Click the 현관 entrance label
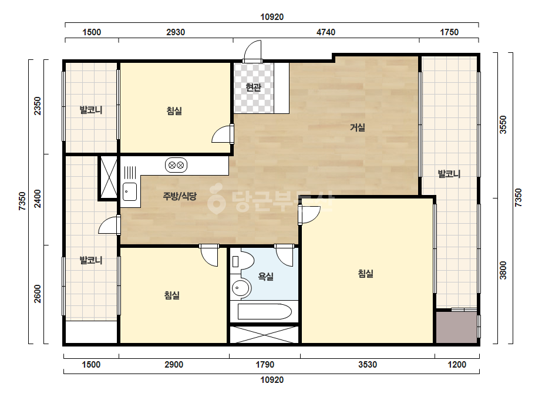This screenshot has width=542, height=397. (253, 87)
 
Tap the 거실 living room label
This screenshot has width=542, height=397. (358, 127)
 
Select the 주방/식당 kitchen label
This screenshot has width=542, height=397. (180, 196)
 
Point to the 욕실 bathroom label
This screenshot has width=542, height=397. (266, 276)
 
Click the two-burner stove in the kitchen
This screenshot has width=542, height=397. (176, 165)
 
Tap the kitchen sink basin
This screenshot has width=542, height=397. (130, 192)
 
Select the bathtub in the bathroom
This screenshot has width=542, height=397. (265, 311)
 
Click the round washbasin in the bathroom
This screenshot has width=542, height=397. (240, 287)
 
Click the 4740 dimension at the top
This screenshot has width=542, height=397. (326, 32)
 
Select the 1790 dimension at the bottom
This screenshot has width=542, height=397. (265, 365)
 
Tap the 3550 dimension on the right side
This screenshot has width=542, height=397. (503, 125)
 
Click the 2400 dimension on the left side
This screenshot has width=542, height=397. (38, 199)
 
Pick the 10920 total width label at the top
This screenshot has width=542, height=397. (272, 17)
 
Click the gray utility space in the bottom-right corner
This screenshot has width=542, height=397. (456, 327)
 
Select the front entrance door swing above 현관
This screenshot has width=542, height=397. (253, 51)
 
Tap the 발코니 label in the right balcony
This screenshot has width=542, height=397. (449, 174)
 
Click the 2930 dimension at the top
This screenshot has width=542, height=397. (176, 32)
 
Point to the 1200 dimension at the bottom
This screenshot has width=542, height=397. (457, 365)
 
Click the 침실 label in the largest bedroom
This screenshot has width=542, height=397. (365, 274)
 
